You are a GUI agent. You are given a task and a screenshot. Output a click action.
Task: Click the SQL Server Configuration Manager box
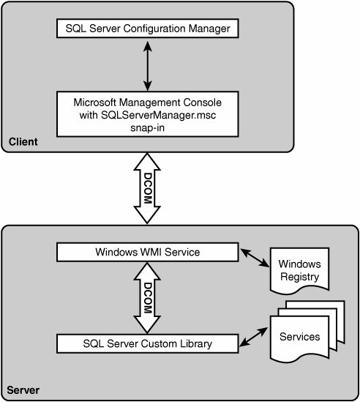[148, 29]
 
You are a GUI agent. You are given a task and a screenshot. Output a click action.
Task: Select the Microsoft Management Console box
[148, 114]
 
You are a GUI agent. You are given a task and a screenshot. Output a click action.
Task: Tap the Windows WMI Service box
[148, 253]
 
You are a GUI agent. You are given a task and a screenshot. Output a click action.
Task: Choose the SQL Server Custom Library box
[148, 343]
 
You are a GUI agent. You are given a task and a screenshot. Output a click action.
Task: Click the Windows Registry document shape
[299, 270]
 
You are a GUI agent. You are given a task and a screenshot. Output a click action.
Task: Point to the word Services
[299, 337]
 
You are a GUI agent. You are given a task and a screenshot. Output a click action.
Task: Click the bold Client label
[23, 142]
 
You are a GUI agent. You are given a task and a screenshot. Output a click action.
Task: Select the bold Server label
[23, 390]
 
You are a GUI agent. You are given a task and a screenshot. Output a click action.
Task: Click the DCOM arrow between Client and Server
[147, 188]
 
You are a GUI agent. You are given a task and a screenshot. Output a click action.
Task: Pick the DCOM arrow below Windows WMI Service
[147, 298]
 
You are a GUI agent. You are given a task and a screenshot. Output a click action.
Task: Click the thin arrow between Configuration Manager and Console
[148, 66]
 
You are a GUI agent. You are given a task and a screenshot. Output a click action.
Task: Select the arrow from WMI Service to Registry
[255, 258]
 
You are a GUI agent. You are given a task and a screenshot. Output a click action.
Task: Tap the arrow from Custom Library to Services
[254, 337]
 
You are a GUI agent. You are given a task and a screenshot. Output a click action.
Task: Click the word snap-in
[147, 127]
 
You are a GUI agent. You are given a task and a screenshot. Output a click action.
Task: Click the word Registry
[299, 277]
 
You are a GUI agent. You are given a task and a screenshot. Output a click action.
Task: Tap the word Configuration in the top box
[154, 29]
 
